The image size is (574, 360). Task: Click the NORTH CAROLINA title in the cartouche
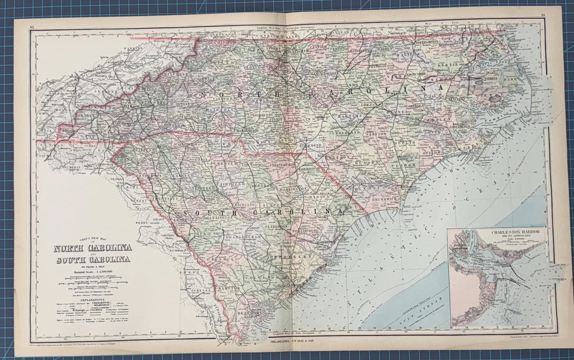pyautogui.click(x=92, y=248)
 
